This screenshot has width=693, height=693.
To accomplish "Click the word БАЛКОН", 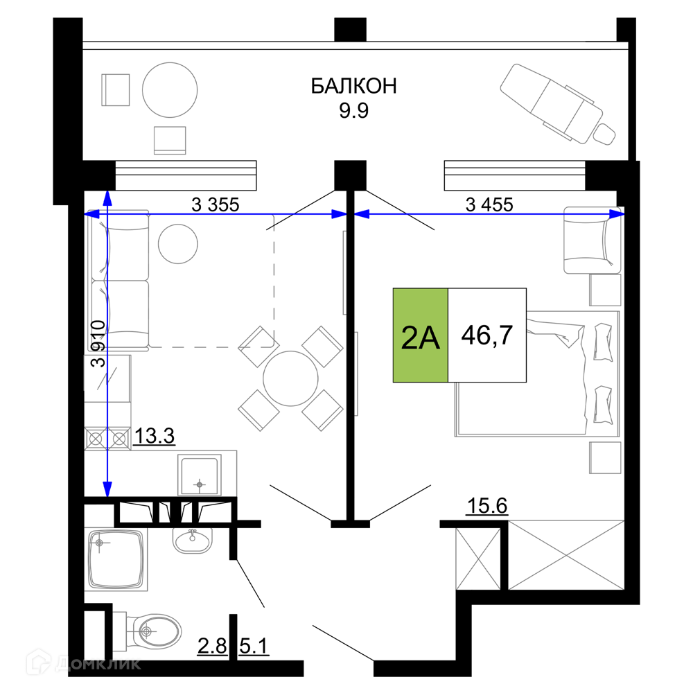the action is coord(353,86).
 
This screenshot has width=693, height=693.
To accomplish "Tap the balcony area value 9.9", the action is coord(353,110).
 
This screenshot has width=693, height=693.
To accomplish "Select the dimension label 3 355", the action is coord(216,204).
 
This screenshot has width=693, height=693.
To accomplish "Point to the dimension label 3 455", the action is coord(489,204).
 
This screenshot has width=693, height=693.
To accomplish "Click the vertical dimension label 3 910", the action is coord(98,344).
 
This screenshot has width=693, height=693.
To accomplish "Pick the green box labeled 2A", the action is coord(421,335).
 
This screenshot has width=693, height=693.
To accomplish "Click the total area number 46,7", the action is coord(487,335).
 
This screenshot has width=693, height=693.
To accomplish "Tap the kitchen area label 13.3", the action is coord(155,436).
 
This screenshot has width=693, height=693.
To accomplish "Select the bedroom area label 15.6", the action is coord(487,506).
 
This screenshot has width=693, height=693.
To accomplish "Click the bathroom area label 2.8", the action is coord(212,646).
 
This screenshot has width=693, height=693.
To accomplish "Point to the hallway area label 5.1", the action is coord(254,646).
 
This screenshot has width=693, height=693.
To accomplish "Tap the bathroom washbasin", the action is coord(192,540).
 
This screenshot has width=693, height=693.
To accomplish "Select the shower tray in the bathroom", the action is coord(116,559).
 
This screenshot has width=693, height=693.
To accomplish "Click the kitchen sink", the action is coord(200,475).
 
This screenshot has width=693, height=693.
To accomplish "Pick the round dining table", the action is coord(290,378).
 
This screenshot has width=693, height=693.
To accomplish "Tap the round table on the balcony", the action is coord(170,90).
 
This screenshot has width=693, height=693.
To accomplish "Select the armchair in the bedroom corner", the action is coord(593,240).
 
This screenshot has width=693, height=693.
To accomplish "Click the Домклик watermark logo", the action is coord(84,663).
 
